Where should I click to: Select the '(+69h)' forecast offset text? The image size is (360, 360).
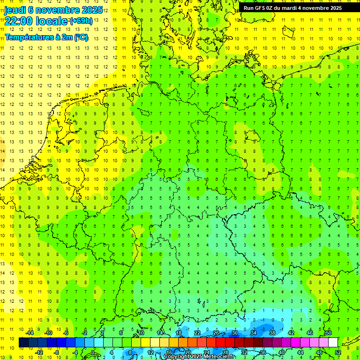[81, 21]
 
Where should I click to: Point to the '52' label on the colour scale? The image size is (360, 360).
[338, 352]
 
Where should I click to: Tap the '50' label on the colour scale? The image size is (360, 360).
[329, 333]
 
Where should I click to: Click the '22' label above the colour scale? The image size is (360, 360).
[197, 333]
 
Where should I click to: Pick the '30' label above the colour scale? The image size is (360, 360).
[235, 333]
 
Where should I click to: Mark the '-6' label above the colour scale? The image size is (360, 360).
[66, 333]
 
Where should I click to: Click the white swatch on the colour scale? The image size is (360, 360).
[333, 343]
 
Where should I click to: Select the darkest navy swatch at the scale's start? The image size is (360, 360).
[23, 343]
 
